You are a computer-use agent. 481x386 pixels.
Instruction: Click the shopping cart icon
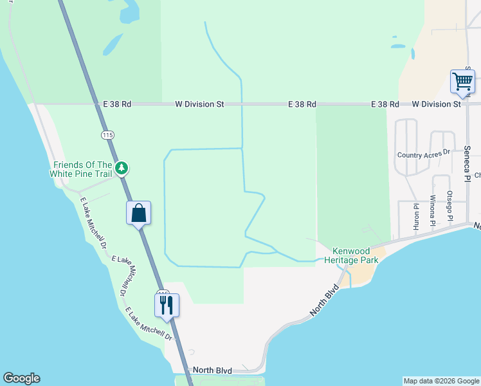462,82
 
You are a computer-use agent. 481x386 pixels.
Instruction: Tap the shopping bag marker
139,212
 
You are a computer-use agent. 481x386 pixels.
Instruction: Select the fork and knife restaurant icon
167,304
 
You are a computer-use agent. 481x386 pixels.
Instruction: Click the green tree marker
122,169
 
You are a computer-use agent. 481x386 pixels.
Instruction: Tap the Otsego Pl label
450,205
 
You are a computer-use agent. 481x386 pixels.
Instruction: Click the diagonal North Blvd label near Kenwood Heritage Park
324,299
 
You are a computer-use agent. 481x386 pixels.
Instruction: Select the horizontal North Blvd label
212,371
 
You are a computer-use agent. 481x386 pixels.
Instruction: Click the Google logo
21,378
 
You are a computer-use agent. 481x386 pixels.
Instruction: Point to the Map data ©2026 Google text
441,381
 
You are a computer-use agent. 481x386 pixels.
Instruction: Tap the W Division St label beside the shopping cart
436,104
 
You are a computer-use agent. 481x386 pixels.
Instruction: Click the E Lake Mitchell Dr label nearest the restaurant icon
149,324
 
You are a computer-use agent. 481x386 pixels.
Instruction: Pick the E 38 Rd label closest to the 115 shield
116,104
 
